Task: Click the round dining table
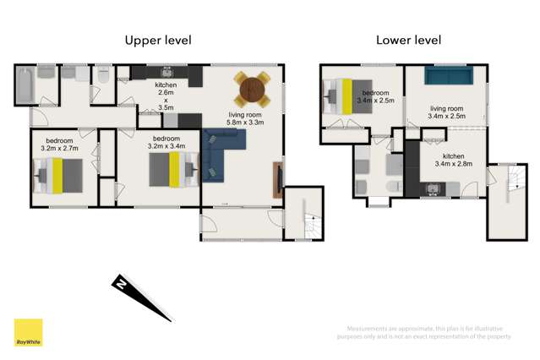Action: click(252, 87)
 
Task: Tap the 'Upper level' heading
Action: click(158, 40)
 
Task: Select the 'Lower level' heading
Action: click(409, 40)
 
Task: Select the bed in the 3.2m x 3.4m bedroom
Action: click(173, 168)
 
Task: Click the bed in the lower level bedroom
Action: click(343, 95)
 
